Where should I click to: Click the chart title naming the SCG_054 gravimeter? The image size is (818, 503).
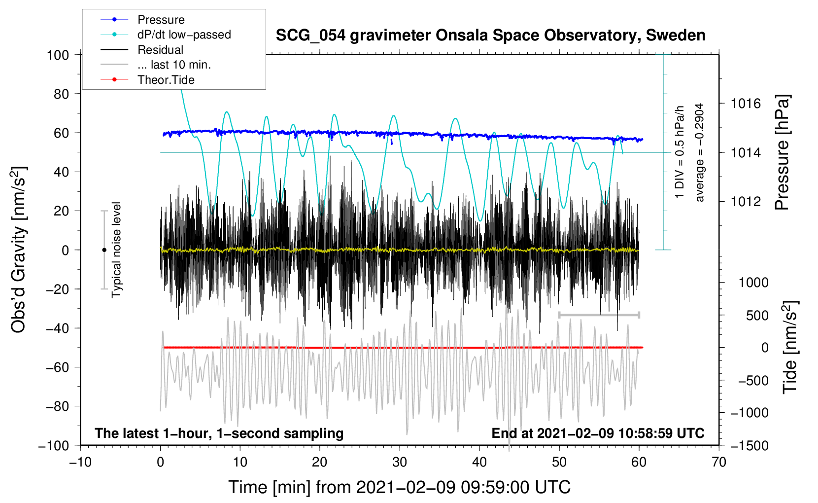pyautogui.click(x=490, y=36)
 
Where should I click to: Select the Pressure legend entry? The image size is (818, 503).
pyautogui.click(x=161, y=20)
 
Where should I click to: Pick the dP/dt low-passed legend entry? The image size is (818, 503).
pyautogui.click(x=184, y=35)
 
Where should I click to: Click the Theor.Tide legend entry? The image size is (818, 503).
pyautogui.click(x=166, y=80)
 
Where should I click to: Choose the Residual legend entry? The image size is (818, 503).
pyautogui.click(x=160, y=50)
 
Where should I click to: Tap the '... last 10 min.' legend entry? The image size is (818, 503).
pyautogui.click(x=174, y=65)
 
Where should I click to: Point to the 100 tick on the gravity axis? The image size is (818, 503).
pyautogui.click(x=58, y=55)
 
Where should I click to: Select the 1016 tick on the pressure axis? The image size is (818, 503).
pyautogui.click(x=746, y=104)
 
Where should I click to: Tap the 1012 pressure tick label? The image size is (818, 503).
pyautogui.click(x=746, y=201)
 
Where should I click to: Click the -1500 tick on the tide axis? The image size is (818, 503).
pyautogui.click(x=749, y=446)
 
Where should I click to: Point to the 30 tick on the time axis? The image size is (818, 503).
pyautogui.click(x=400, y=462)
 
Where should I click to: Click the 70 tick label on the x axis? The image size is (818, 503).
pyautogui.click(x=719, y=462)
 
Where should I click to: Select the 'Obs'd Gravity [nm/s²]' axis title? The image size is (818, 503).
pyautogui.click(x=19, y=250)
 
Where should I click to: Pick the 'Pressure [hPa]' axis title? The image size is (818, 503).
pyautogui.click(x=782, y=153)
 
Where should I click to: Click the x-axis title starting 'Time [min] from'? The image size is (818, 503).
pyautogui.click(x=399, y=487)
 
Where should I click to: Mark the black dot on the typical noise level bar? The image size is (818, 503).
pyautogui.click(x=104, y=250)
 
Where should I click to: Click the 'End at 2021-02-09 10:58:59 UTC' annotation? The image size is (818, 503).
pyautogui.click(x=598, y=433)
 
